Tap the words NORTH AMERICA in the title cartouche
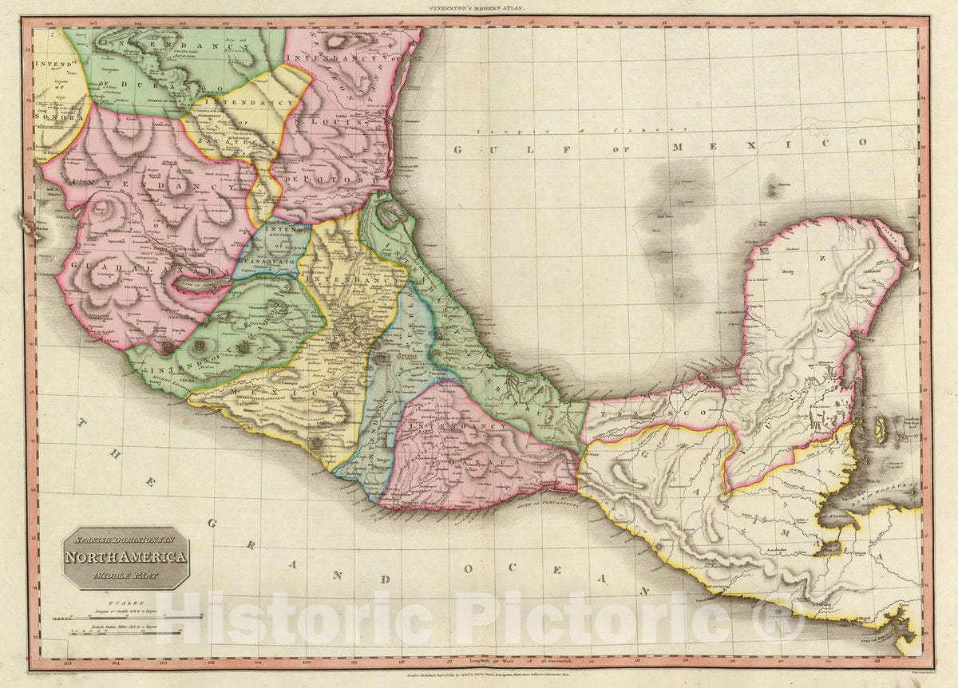[x=126, y=558]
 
